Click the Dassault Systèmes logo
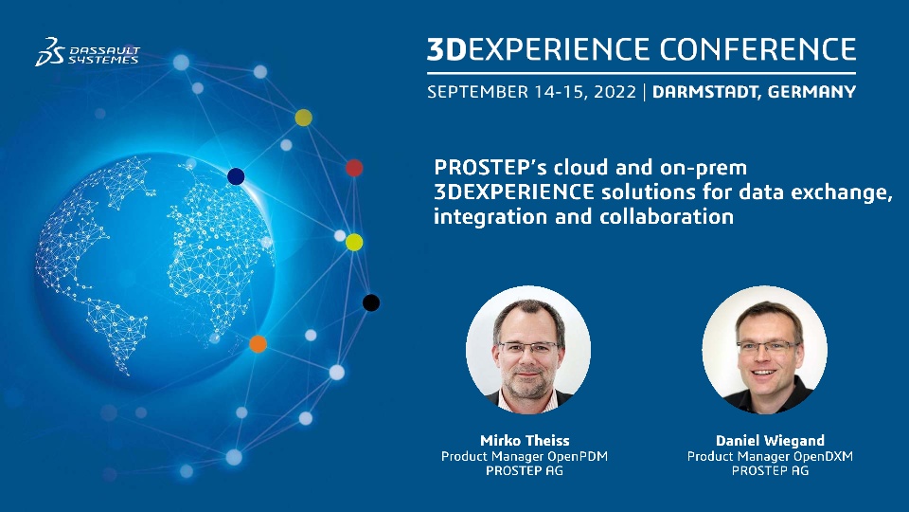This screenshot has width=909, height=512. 87,52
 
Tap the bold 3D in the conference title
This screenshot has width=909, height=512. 447,49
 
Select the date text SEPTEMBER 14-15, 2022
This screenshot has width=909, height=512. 531,92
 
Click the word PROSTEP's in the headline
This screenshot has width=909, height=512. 490,167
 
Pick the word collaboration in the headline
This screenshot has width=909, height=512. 667,216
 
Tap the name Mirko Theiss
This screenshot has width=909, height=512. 525,440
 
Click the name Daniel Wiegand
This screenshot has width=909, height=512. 770,441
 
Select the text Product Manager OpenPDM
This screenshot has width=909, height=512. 525,456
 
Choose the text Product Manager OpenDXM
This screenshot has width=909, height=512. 770,456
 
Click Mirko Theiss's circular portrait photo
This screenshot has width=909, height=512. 528,350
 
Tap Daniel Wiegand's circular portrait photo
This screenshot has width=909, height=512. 765,350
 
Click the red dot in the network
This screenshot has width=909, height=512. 354,168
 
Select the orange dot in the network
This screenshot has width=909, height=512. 258,343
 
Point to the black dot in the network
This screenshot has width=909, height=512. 371,302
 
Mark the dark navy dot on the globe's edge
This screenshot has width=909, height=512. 236,176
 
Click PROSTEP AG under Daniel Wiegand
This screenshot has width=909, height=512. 770,471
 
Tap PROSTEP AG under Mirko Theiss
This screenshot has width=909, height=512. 525,471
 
